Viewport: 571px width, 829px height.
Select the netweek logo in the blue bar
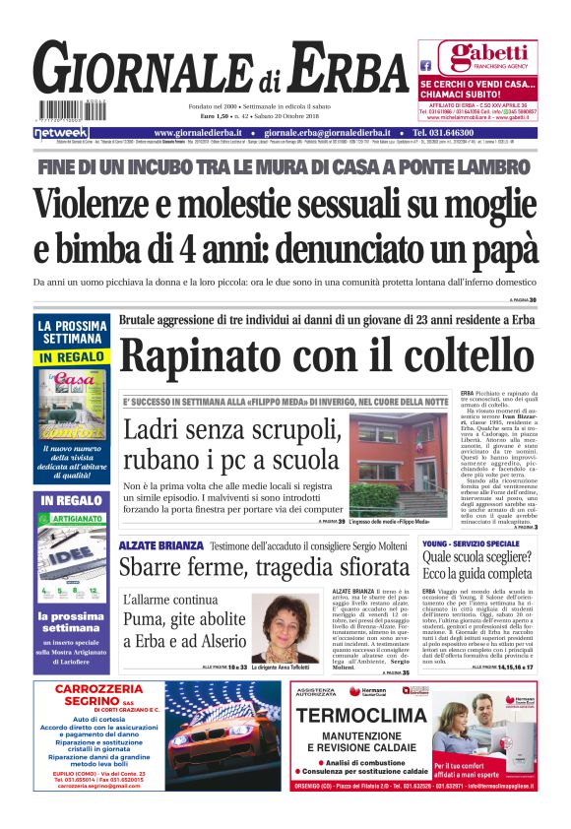(60, 132)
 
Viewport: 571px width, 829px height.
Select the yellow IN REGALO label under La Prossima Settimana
(73, 355)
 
